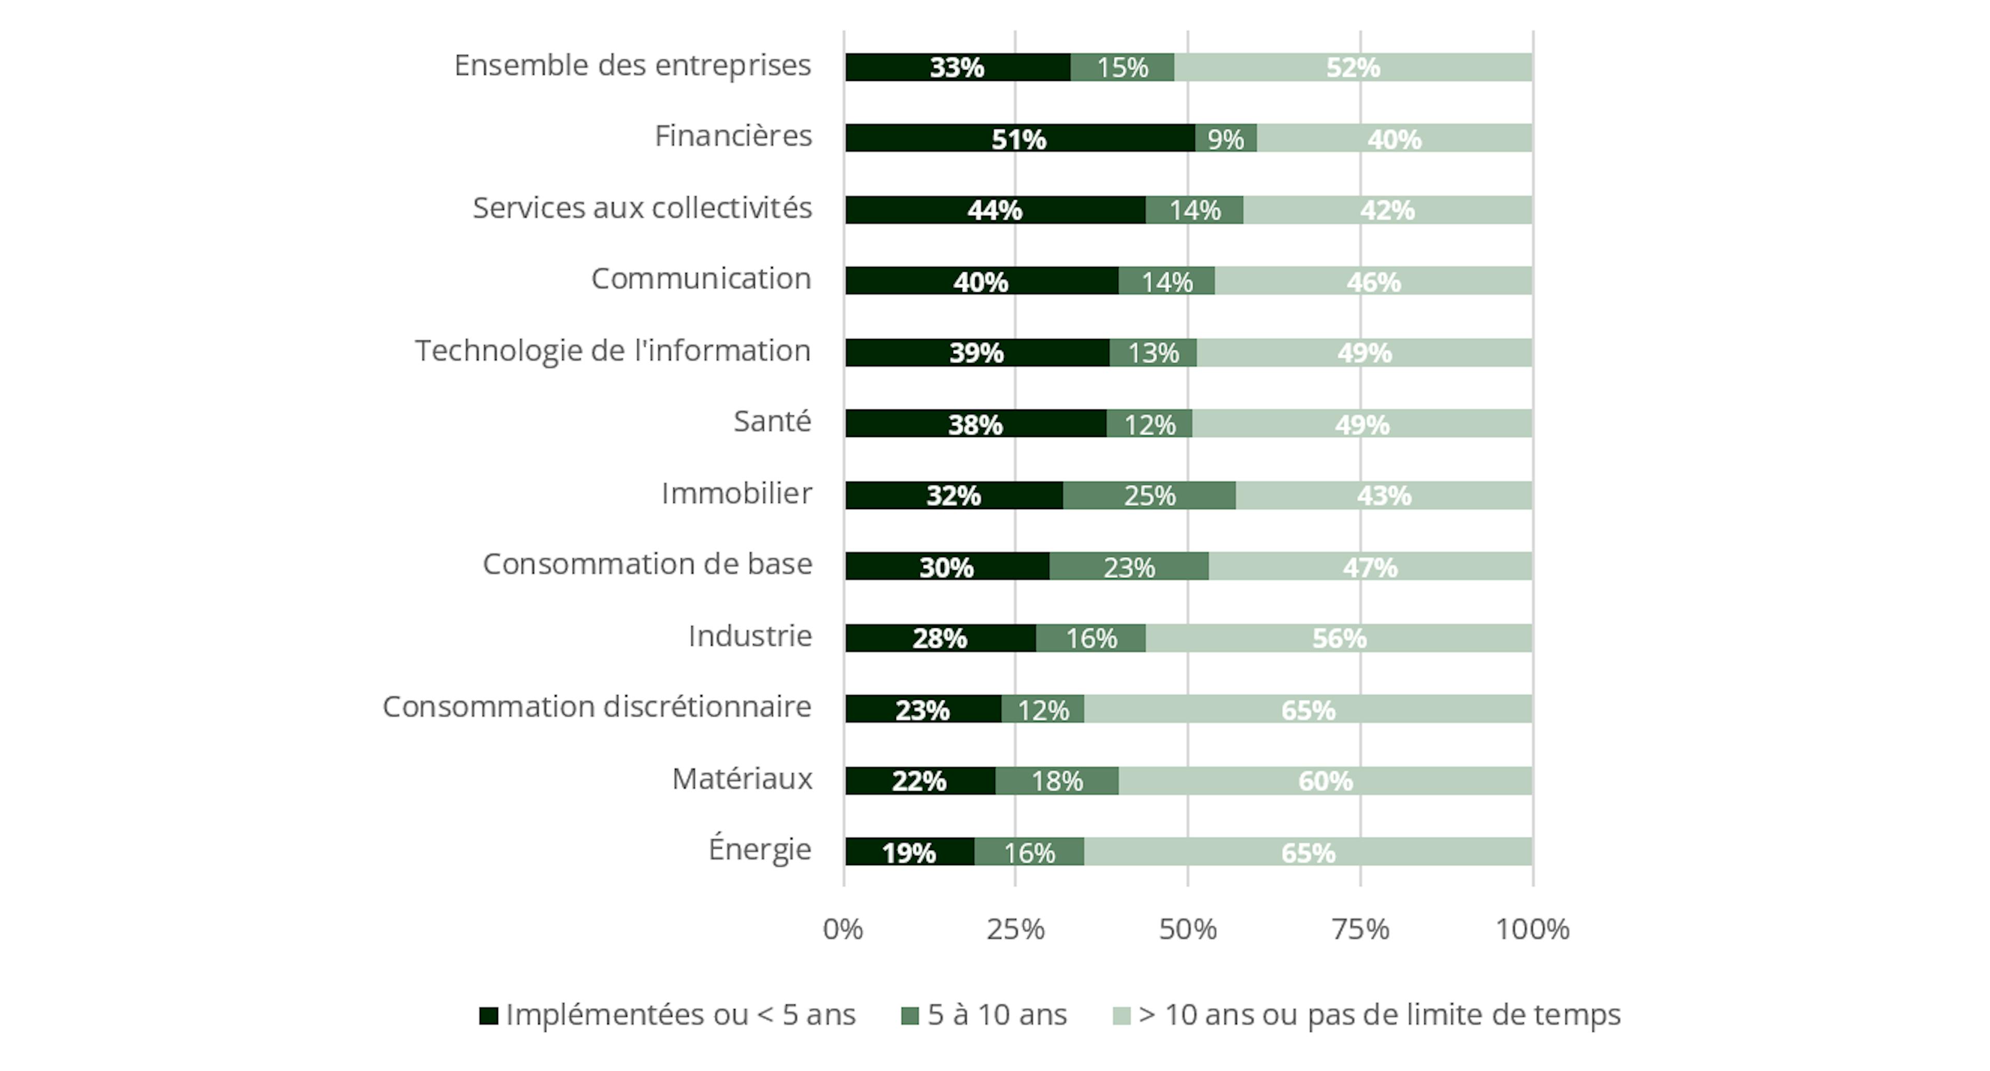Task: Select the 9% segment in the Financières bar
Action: (x=1225, y=138)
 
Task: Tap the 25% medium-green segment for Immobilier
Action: (x=1149, y=495)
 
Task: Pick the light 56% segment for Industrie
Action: (x=1339, y=638)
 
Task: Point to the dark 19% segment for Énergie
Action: (x=909, y=852)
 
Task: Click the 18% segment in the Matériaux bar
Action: (x=1057, y=781)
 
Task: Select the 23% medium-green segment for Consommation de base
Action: (x=1129, y=567)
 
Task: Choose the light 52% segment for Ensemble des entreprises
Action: (x=1353, y=67)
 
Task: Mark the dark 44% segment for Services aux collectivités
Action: (x=995, y=210)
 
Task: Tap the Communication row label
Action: (x=702, y=279)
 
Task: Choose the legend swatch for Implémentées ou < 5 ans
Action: (x=488, y=1016)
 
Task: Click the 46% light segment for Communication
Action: (x=1373, y=281)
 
